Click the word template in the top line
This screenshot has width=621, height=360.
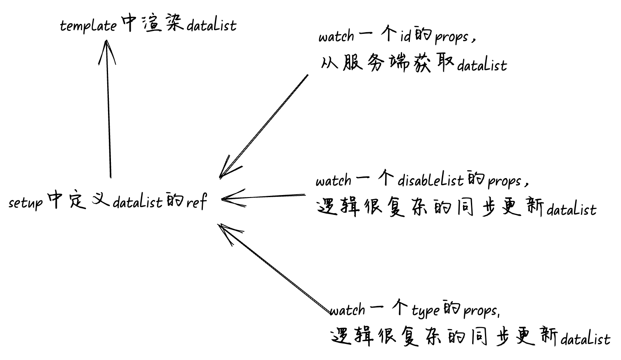[x=88, y=26]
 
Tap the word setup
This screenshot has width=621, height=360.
[x=25, y=202]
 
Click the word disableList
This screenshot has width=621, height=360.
[x=430, y=180]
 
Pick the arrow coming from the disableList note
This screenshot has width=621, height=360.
[x=264, y=197]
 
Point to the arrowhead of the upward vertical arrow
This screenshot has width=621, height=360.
[x=107, y=43]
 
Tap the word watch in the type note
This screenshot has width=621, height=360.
[x=347, y=310]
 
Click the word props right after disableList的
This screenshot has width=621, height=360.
[x=504, y=181]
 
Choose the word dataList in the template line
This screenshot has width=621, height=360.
[x=212, y=26]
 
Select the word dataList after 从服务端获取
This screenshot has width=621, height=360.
[x=482, y=65]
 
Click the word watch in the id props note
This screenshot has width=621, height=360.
[x=336, y=36]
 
